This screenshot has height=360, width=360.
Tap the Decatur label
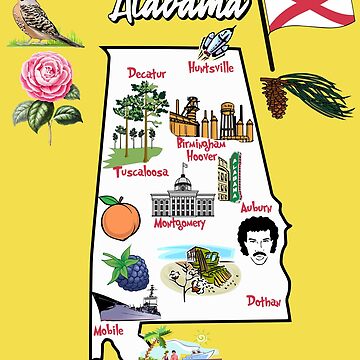pos(148,72)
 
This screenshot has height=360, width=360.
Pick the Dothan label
pos(266,299)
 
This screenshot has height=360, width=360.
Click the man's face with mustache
pos(257,244)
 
